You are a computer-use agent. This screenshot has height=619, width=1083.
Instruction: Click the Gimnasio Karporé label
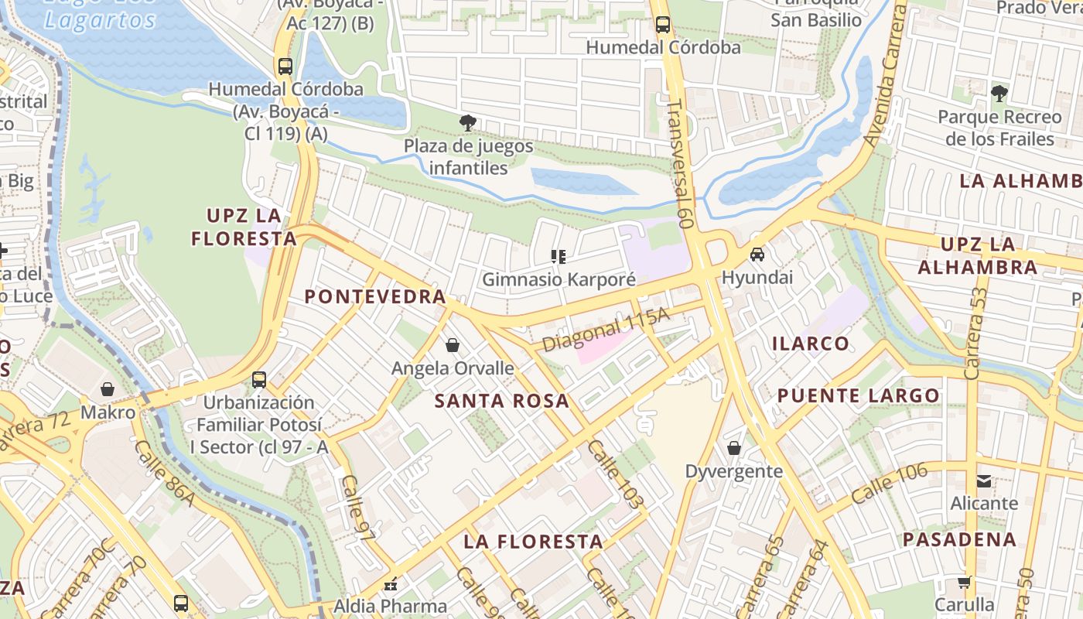559,279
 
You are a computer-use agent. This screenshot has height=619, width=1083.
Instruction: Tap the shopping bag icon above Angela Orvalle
453,345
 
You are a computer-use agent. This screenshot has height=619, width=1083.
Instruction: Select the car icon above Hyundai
757,255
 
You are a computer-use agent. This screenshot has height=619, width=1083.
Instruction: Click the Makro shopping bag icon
108,389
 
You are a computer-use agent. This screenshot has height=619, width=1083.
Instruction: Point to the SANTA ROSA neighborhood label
501,401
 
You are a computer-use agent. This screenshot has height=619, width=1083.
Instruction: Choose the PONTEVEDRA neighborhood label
375,296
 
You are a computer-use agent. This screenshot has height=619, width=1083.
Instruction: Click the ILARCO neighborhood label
811,343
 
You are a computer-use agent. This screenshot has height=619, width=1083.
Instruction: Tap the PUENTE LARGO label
859,395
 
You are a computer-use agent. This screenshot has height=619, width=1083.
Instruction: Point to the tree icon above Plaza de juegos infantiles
467,122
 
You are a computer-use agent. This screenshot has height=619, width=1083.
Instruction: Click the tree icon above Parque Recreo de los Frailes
999,94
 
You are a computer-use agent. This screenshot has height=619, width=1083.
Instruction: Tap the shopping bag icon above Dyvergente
733,448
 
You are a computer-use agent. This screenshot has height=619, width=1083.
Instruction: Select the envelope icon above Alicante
984,480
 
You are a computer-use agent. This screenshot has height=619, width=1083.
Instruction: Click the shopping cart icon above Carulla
964,582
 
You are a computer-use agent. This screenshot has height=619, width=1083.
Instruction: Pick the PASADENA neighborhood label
959,539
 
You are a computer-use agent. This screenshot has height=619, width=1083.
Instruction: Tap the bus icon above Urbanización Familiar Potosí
259,380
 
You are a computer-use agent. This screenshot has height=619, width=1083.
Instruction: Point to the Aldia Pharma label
390,606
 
